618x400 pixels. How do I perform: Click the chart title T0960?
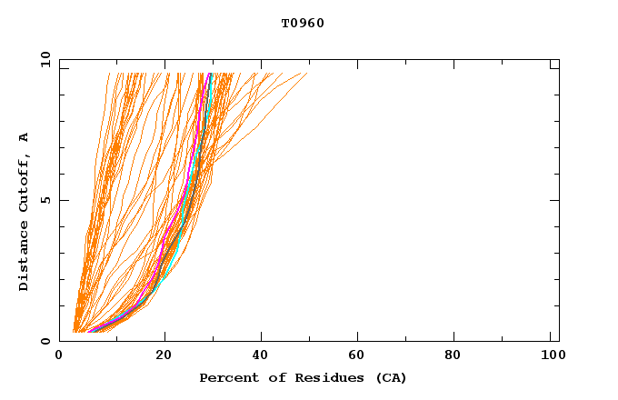pos(303,24)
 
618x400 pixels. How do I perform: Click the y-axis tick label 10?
pos(45,60)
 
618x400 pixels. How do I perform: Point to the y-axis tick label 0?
pos(45,341)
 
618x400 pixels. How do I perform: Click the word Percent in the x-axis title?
pos(225,377)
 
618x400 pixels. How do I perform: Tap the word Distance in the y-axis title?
pos(25,256)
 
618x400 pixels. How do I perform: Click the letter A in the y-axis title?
pos(25,136)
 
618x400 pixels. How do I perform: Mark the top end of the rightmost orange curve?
pos(306,73)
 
